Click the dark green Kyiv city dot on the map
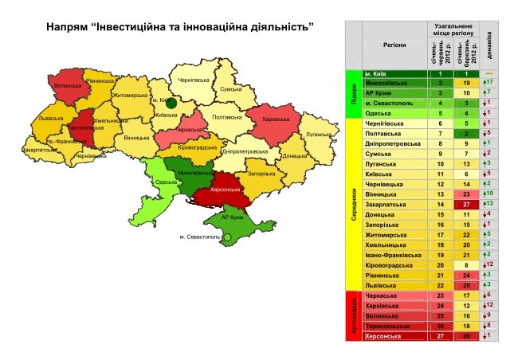(x=171, y=103)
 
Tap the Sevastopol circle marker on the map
(x=226, y=237)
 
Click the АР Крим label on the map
(x=231, y=217)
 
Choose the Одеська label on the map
(x=167, y=182)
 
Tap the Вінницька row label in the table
(x=381, y=194)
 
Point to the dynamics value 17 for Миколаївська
(x=489, y=83)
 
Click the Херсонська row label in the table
(x=383, y=336)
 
